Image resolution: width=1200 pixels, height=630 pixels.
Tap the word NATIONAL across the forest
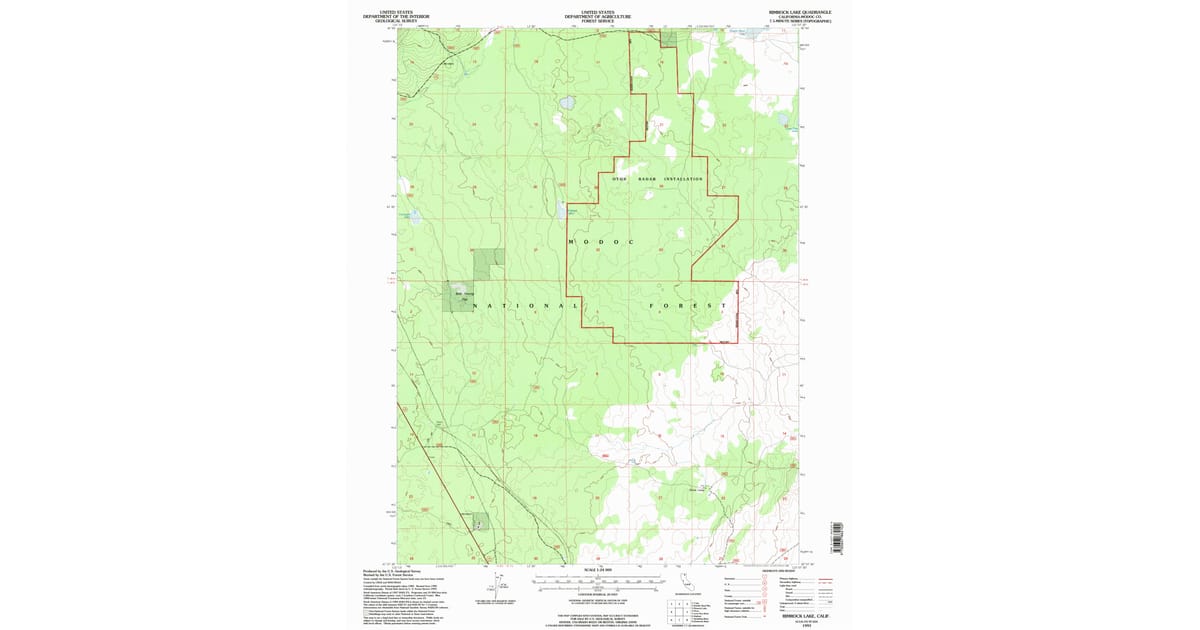click(524, 305)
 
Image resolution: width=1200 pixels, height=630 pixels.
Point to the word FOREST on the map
click(687, 305)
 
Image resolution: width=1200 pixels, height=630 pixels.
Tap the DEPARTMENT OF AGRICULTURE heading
click(598, 17)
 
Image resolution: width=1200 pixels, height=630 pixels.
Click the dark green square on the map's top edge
click(668, 38)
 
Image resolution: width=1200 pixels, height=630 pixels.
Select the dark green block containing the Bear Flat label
click(461, 295)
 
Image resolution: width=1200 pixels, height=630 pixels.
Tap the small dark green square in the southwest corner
click(481, 522)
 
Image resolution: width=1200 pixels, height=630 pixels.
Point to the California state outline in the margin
click(685, 581)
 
